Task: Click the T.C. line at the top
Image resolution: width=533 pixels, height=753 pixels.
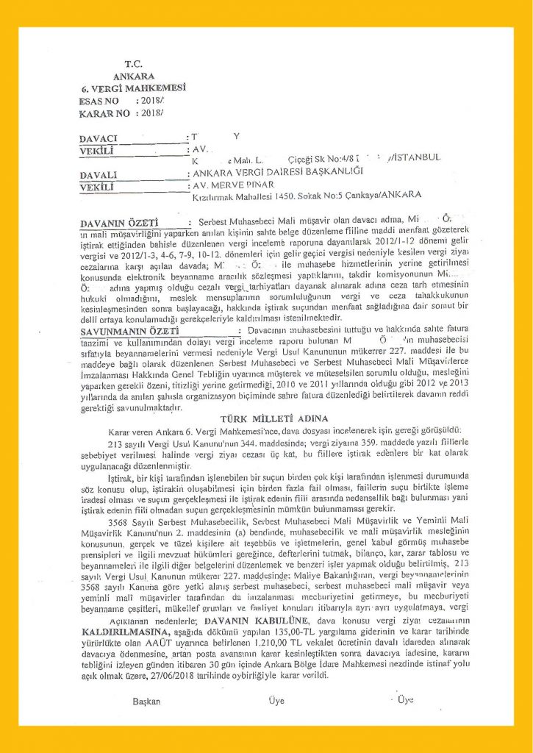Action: pos(133,64)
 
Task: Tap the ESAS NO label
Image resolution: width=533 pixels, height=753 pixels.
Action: pos(99,101)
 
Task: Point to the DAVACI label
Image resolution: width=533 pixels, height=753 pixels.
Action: pos(98,138)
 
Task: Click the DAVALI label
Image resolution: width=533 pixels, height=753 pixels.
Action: pos(99,176)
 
